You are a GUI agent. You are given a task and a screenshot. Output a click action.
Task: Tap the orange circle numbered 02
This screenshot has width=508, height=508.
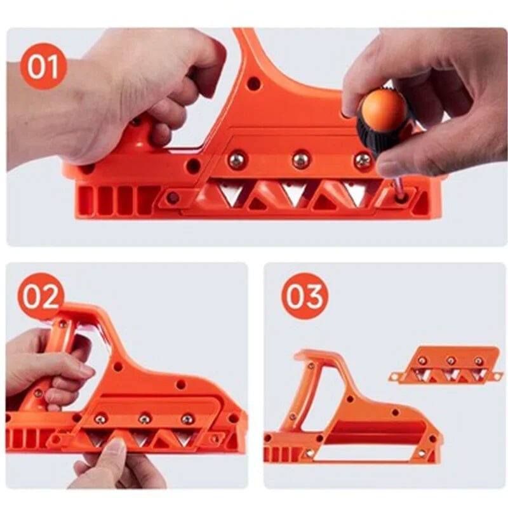click(41, 296)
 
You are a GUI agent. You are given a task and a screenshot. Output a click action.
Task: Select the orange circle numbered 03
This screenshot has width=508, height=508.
click(305, 296)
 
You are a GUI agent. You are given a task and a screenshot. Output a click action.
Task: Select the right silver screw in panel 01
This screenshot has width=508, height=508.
click(363, 161)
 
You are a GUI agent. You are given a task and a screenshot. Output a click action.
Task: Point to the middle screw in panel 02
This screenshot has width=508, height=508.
click(145, 419)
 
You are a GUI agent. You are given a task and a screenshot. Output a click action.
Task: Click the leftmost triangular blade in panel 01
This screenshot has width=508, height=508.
click(231, 192)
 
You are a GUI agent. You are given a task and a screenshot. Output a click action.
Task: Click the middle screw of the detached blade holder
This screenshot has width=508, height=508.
click(450, 361)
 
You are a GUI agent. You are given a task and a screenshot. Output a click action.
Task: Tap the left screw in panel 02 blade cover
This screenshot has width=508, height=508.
click(100, 419)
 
